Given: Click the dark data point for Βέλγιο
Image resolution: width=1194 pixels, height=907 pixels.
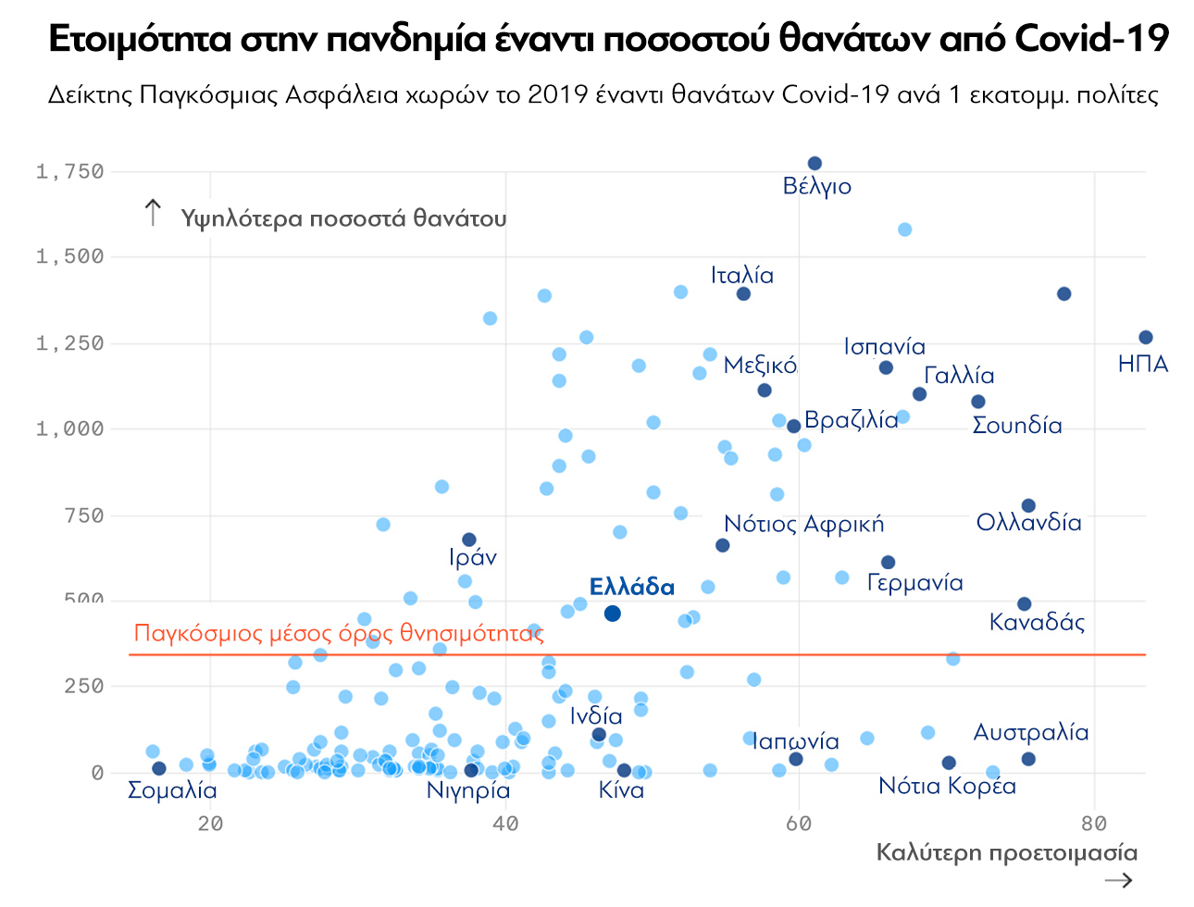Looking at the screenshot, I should pyautogui.click(x=815, y=164).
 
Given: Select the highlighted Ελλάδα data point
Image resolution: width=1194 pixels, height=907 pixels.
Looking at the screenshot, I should pyautogui.click(x=612, y=614).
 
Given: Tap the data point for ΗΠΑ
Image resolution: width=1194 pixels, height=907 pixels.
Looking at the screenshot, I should pyautogui.click(x=1145, y=338).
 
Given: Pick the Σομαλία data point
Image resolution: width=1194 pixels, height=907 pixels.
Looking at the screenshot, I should pyautogui.click(x=159, y=768).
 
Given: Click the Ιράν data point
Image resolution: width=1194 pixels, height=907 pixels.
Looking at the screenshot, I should pyautogui.click(x=469, y=540).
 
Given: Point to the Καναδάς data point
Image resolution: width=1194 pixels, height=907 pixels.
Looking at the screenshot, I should pyautogui.click(x=1024, y=604).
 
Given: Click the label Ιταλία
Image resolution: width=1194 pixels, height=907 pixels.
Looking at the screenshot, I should pyautogui.click(x=741, y=275).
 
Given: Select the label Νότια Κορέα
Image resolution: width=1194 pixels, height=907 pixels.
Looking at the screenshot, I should pyautogui.click(x=947, y=786).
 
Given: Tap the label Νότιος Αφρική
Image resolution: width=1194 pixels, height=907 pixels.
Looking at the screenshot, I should pyautogui.click(x=803, y=524).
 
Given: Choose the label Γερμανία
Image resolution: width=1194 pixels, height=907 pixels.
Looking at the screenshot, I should pyautogui.click(x=914, y=582).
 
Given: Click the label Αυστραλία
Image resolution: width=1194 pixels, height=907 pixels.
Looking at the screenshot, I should pyautogui.click(x=1030, y=732).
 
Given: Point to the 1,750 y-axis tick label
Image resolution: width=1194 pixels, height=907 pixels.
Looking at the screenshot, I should pyautogui.click(x=69, y=171).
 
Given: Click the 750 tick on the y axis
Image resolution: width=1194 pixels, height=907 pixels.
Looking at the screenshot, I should pyautogui.click(x=84, y=516).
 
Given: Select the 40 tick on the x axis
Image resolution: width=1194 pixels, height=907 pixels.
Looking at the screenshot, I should pyautogui.click(x=504, y=824).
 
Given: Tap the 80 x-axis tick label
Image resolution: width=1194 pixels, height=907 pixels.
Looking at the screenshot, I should pyautogui.click(x=1094, y=824).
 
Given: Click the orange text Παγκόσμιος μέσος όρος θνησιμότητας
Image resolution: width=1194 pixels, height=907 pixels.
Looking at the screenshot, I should pyautogui.click(x=339, y=633).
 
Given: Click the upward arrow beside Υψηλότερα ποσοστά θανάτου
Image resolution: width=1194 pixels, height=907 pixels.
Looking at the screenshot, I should pyautogui.click(x=154, y=213).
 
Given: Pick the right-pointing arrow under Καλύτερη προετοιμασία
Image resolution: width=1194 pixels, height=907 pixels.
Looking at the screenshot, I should pyautogui.click(x=1118, y=879).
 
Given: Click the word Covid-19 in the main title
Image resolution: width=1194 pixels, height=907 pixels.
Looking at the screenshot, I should pyautogui.click(x=1091, y=39).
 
